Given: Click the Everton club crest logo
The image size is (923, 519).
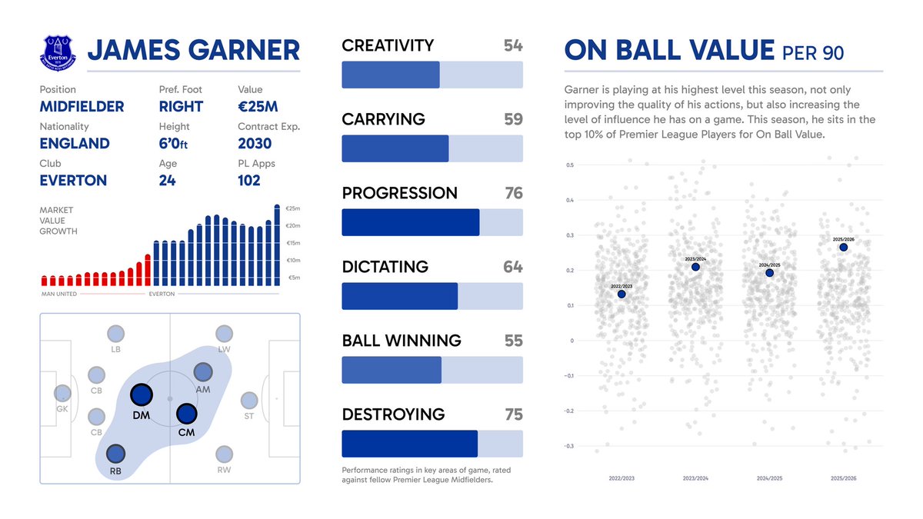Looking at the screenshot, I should point(58,50).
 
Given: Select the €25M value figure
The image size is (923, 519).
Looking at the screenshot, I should point(258,106).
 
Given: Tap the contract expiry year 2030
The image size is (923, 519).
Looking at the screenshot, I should point(255,143).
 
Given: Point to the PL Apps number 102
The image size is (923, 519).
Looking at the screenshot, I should point(249,180).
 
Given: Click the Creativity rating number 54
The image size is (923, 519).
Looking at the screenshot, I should point(513,46).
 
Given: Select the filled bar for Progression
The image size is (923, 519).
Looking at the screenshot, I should point(410,222).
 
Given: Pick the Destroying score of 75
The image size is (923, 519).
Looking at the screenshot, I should point(513,414).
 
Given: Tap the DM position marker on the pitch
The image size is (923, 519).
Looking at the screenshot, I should point(141,395).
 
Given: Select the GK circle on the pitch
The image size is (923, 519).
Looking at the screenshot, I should point(62,393).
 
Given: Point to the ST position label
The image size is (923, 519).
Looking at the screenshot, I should point(248,417).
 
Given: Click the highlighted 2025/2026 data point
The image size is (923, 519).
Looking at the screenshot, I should point(844,247).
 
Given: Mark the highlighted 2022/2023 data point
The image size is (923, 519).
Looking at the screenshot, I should point(621,294).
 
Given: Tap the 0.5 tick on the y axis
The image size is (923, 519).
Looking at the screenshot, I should point(570,165).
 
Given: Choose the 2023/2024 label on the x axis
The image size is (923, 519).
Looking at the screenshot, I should point(695,477).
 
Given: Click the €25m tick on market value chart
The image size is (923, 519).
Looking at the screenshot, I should point(292,209).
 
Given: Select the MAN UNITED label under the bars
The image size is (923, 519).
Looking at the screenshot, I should point(58,294).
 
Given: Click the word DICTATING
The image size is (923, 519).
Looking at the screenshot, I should point(385,267).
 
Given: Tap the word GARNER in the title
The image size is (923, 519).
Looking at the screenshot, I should point(245,51).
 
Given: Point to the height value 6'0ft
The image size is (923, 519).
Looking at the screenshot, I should point(178,144).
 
